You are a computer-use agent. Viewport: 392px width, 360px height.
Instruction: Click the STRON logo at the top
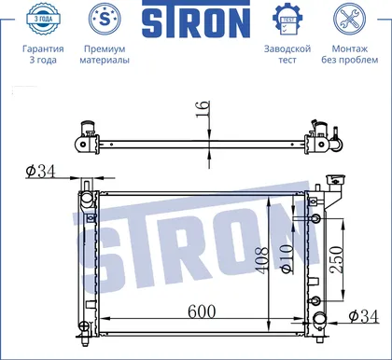click(196, 20)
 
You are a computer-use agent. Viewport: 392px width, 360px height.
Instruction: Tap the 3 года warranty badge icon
click(43, 19)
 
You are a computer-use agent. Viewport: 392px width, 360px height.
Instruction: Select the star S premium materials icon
click(105, 19)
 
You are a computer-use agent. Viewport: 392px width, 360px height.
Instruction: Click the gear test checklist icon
click(287, 19)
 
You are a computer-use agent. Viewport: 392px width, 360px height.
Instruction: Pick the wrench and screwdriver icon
click(349, 19)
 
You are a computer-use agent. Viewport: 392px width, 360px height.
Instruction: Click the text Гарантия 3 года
click(43, 54)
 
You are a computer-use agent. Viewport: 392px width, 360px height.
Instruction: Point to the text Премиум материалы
click(105, 54)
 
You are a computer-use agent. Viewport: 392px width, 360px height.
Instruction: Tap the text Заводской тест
click(287, 54)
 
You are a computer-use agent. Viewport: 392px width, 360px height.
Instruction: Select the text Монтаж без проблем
click(350, 54)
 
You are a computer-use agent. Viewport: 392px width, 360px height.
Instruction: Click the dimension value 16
click(203, 109)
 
